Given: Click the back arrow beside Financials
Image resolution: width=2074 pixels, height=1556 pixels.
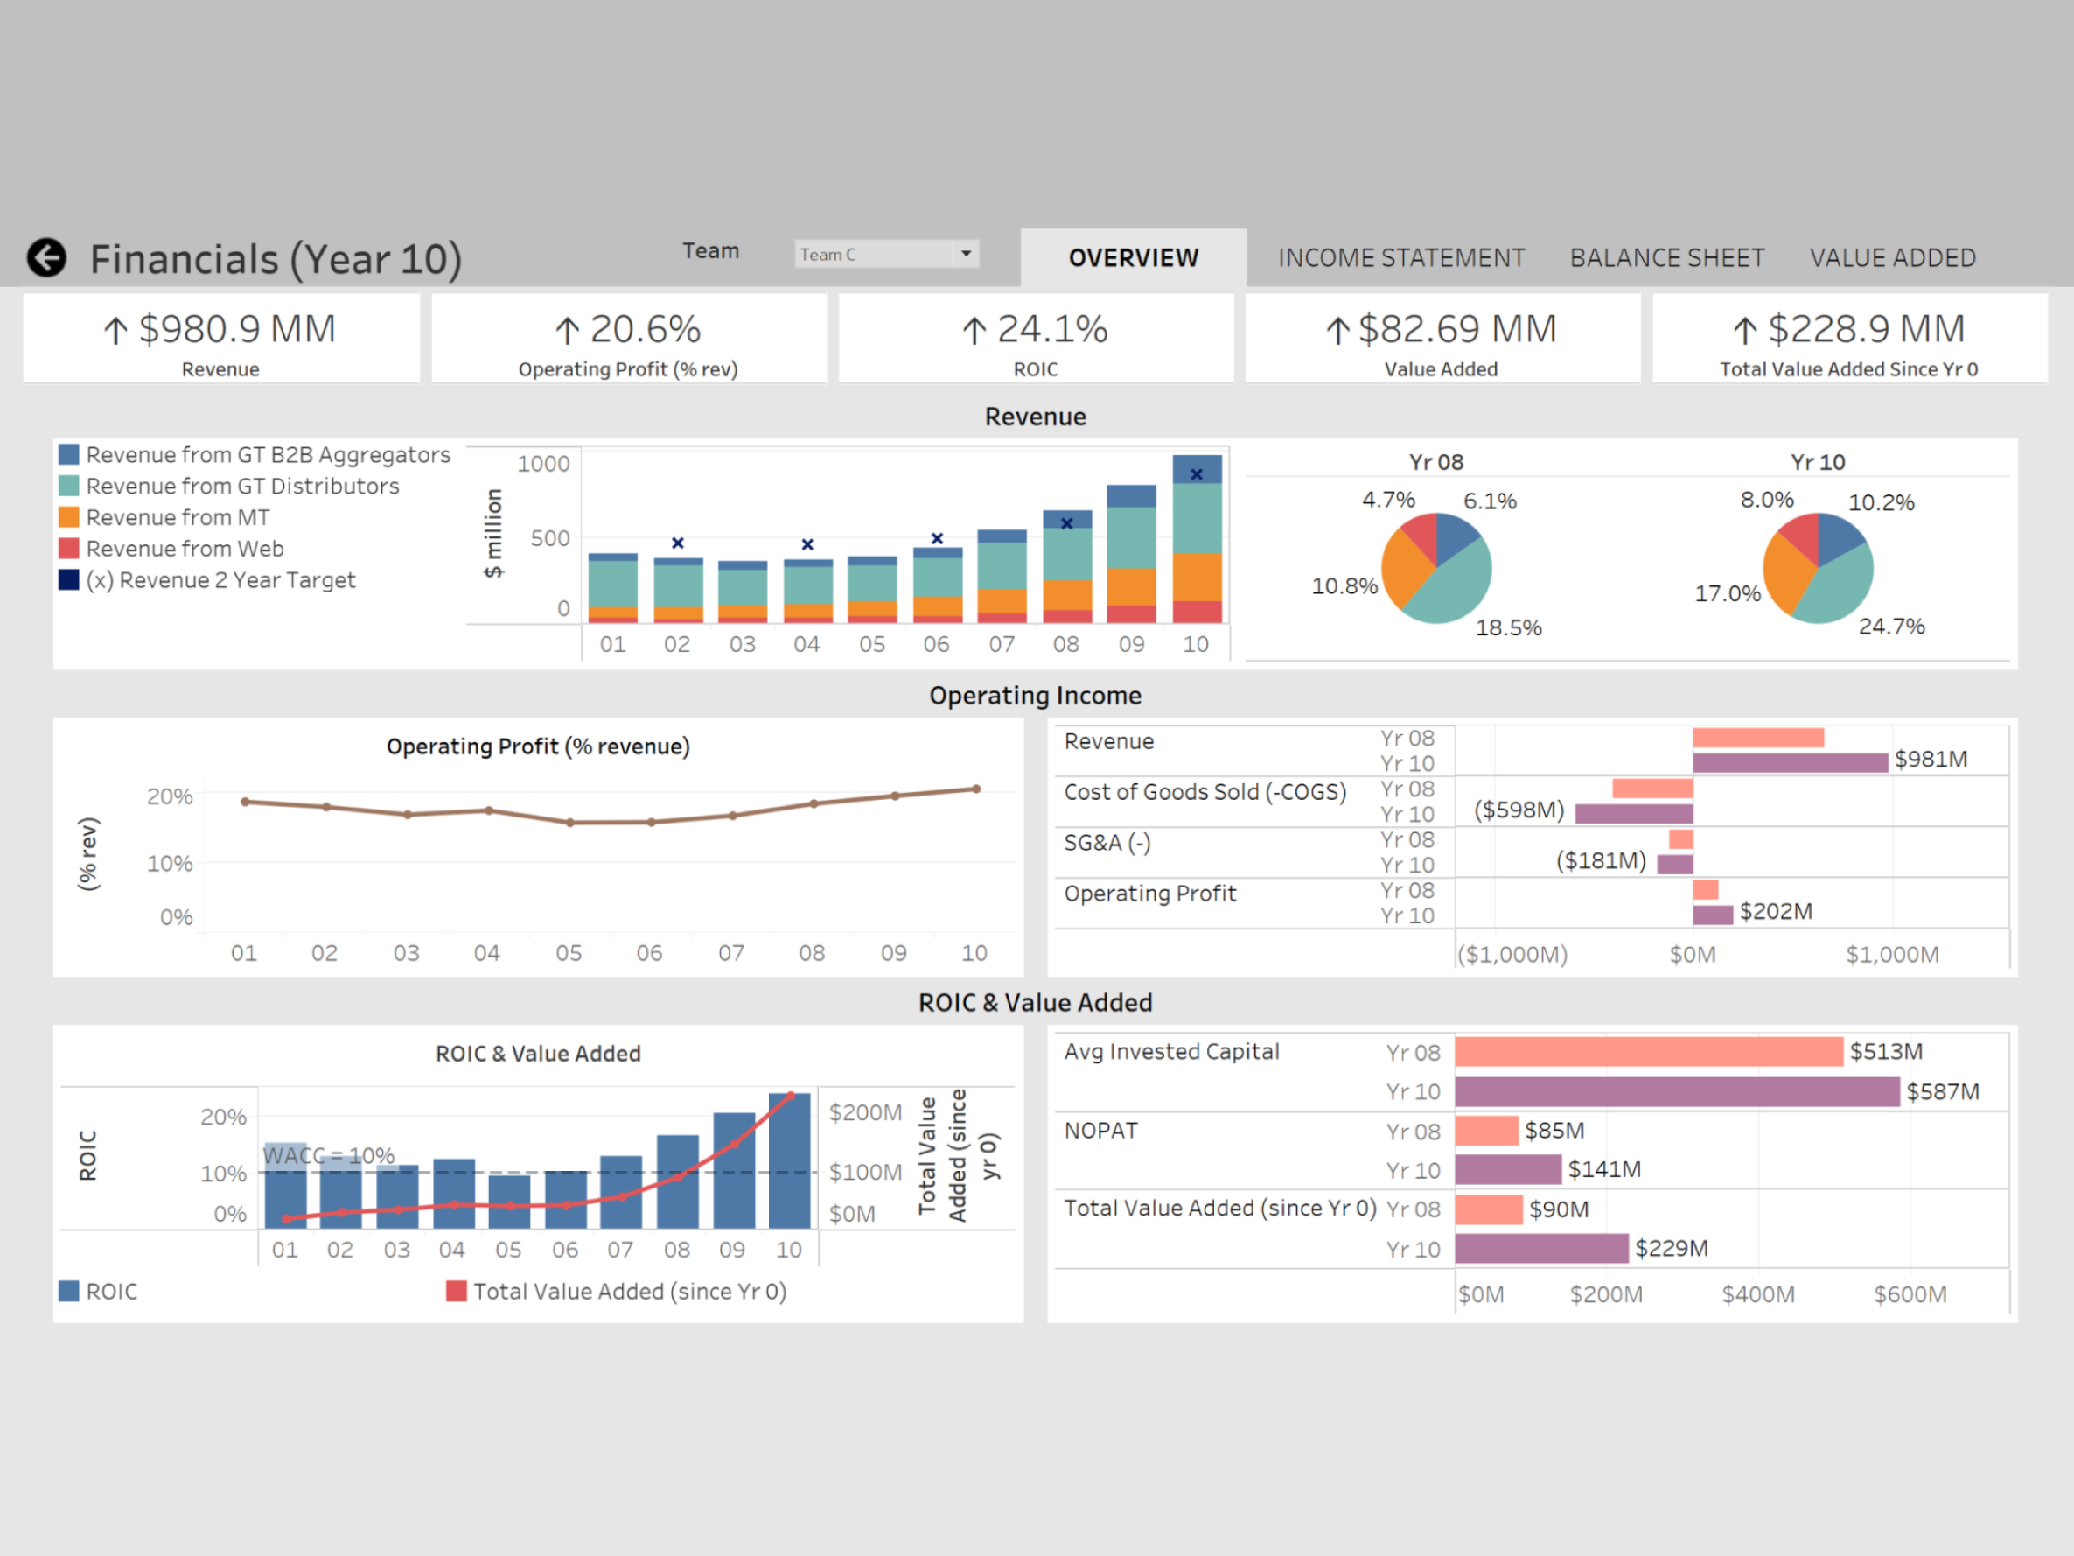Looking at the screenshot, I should (x=46, y=257).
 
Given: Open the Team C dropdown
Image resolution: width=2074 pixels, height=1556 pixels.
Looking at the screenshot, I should (x=966, y=254).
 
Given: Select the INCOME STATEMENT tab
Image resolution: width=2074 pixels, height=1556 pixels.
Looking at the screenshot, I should (x=1400, y=258).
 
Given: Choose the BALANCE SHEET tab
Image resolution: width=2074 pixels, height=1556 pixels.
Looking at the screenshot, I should (x=1666, y=258).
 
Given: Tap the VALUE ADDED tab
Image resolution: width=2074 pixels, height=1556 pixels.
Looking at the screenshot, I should (x=1892, y=258).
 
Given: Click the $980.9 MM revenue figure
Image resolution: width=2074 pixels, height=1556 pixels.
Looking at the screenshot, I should (x=236, y=329).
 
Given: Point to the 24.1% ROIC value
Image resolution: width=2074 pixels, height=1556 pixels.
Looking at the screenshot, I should (x=1051, y=329).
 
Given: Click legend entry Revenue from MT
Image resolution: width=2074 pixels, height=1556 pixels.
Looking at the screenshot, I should (x=178, y=518).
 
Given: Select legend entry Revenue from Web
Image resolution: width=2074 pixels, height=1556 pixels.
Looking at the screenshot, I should (x=185, y=549).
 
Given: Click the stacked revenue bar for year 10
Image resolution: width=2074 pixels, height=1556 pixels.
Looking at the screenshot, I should (x=1197, y=539).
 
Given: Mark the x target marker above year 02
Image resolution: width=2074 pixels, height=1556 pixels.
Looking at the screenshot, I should (x=678, y=543).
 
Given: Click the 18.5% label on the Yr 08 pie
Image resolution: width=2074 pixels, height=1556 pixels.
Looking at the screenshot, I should (x=1508, y=627).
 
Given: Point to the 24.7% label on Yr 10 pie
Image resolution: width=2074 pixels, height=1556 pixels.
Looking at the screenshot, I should (x=1890, y=627).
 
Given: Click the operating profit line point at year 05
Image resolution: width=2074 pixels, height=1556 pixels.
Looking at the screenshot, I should (x=570, y=823).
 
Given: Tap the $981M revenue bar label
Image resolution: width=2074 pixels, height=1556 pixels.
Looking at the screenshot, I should (x=1930, y=759).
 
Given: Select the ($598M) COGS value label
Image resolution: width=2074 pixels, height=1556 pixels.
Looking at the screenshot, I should (x=1519, y=810).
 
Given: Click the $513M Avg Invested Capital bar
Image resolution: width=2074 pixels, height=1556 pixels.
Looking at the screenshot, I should (x=1648, y=1051).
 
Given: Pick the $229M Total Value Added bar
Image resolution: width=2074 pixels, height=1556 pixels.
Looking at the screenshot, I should (x=1541, y=1248).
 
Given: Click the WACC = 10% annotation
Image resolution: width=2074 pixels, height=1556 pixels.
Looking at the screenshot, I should (x=328, y=1155).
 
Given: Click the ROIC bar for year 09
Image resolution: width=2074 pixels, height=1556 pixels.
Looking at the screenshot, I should (x=734, y=1171).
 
